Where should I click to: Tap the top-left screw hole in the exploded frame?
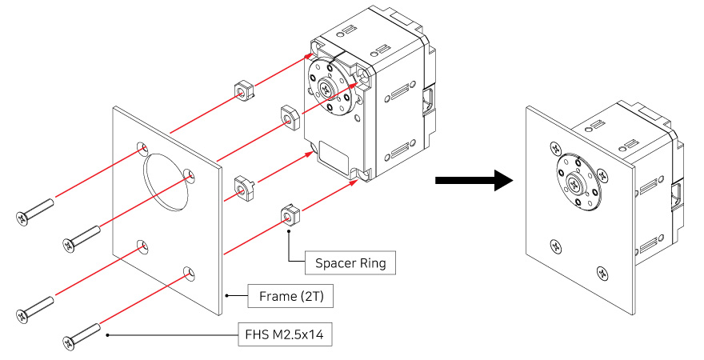click(142, 149)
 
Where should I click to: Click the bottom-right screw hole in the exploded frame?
click(189, 274)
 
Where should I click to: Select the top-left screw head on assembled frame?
click(555, 147)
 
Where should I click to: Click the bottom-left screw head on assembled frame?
click(555, 246)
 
